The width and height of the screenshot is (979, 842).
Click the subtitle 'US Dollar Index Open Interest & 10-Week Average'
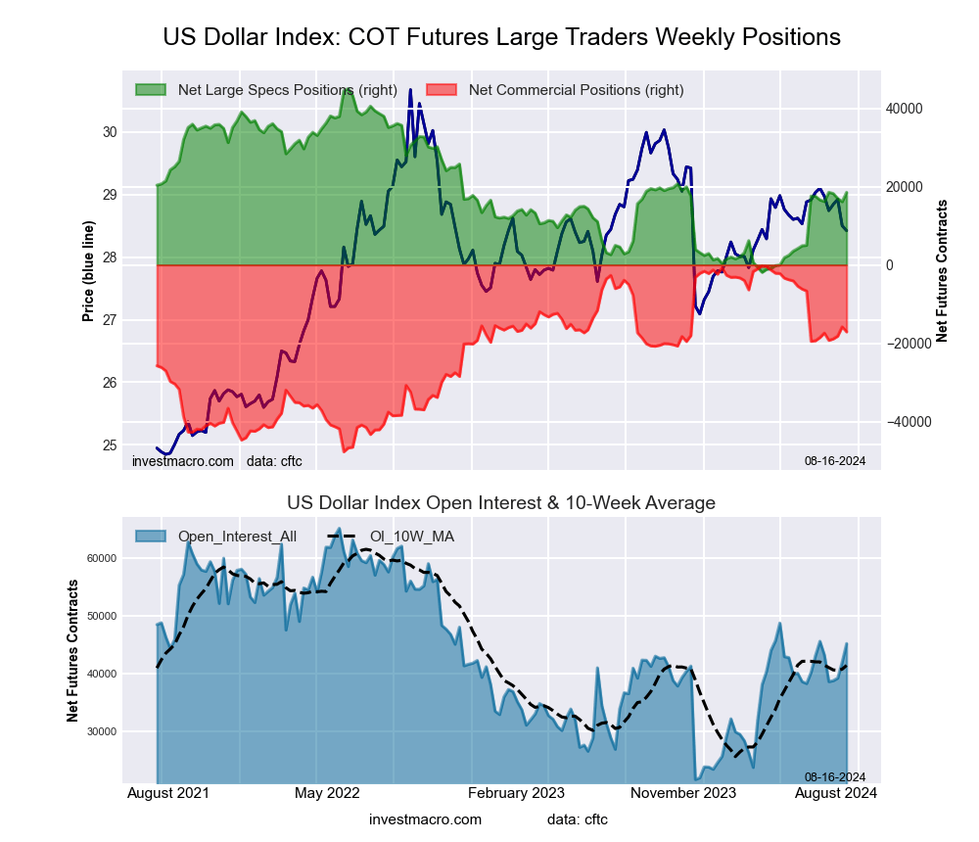point(501,502)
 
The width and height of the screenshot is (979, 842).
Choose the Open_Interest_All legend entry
point(230,537)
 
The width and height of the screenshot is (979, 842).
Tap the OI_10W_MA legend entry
point(411,537)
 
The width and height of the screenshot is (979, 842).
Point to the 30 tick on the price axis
point(109,132)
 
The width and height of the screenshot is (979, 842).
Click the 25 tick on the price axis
point(109,445)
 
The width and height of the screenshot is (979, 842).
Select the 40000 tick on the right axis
point(907,109)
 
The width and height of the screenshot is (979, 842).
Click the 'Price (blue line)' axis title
point(88,271)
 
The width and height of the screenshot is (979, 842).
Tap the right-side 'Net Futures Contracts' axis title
point(943,271)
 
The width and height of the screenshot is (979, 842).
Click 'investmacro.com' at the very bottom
point(425,819)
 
